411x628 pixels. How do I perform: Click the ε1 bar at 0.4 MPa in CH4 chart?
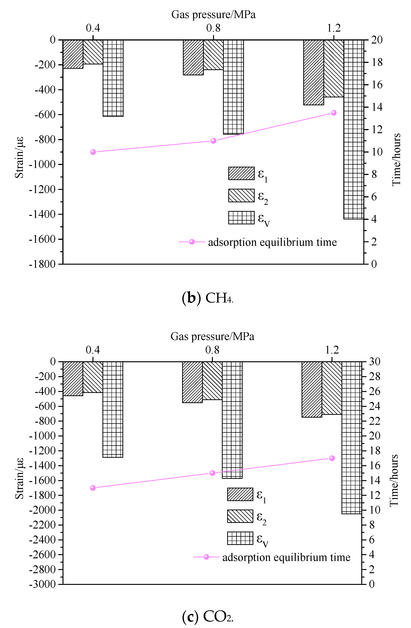73,54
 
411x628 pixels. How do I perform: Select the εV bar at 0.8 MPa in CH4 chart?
233,87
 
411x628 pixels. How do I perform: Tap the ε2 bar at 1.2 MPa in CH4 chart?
334,69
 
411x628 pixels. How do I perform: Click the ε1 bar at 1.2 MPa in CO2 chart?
312,389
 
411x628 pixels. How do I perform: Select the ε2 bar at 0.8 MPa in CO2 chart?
212,380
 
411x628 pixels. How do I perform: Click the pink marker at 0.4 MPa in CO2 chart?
93,488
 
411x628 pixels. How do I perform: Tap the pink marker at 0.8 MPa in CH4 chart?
213,141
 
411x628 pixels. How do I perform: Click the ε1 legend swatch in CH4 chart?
241,173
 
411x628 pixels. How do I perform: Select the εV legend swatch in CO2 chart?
240,538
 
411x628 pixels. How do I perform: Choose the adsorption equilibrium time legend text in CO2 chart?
286,557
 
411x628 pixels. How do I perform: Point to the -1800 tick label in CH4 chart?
42,264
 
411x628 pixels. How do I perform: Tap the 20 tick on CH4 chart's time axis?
377,40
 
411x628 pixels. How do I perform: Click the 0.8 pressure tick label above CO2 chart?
212,350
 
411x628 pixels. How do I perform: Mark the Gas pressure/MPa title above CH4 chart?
213,15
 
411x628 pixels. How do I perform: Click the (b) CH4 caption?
208,298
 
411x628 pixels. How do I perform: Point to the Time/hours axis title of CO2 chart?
394,480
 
